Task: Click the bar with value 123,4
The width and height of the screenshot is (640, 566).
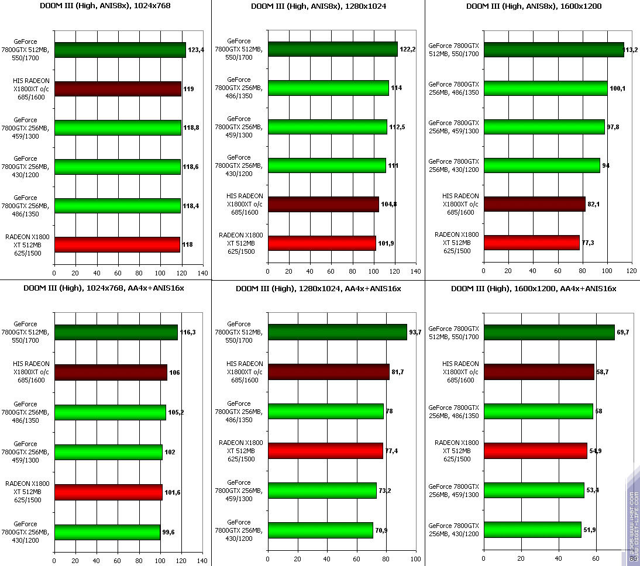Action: (120, 50)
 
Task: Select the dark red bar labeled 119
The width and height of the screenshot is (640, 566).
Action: (118, 89)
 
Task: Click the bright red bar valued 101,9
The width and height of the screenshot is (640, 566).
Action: (322, 243)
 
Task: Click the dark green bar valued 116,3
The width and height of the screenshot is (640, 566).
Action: (116, 333)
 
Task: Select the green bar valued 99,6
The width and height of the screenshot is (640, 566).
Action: (107, 532)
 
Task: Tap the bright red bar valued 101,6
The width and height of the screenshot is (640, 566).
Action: (108, 492)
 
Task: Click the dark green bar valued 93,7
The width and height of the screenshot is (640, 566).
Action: (337, 332)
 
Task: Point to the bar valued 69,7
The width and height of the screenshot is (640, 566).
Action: (549, 333)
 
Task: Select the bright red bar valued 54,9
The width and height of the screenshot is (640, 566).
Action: (535, 450)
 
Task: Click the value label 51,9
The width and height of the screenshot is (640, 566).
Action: (590, 530)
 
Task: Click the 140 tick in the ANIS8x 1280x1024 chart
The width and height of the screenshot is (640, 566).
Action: (416, 271)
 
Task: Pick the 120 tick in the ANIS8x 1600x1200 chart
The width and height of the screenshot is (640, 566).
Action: (631, 271)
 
